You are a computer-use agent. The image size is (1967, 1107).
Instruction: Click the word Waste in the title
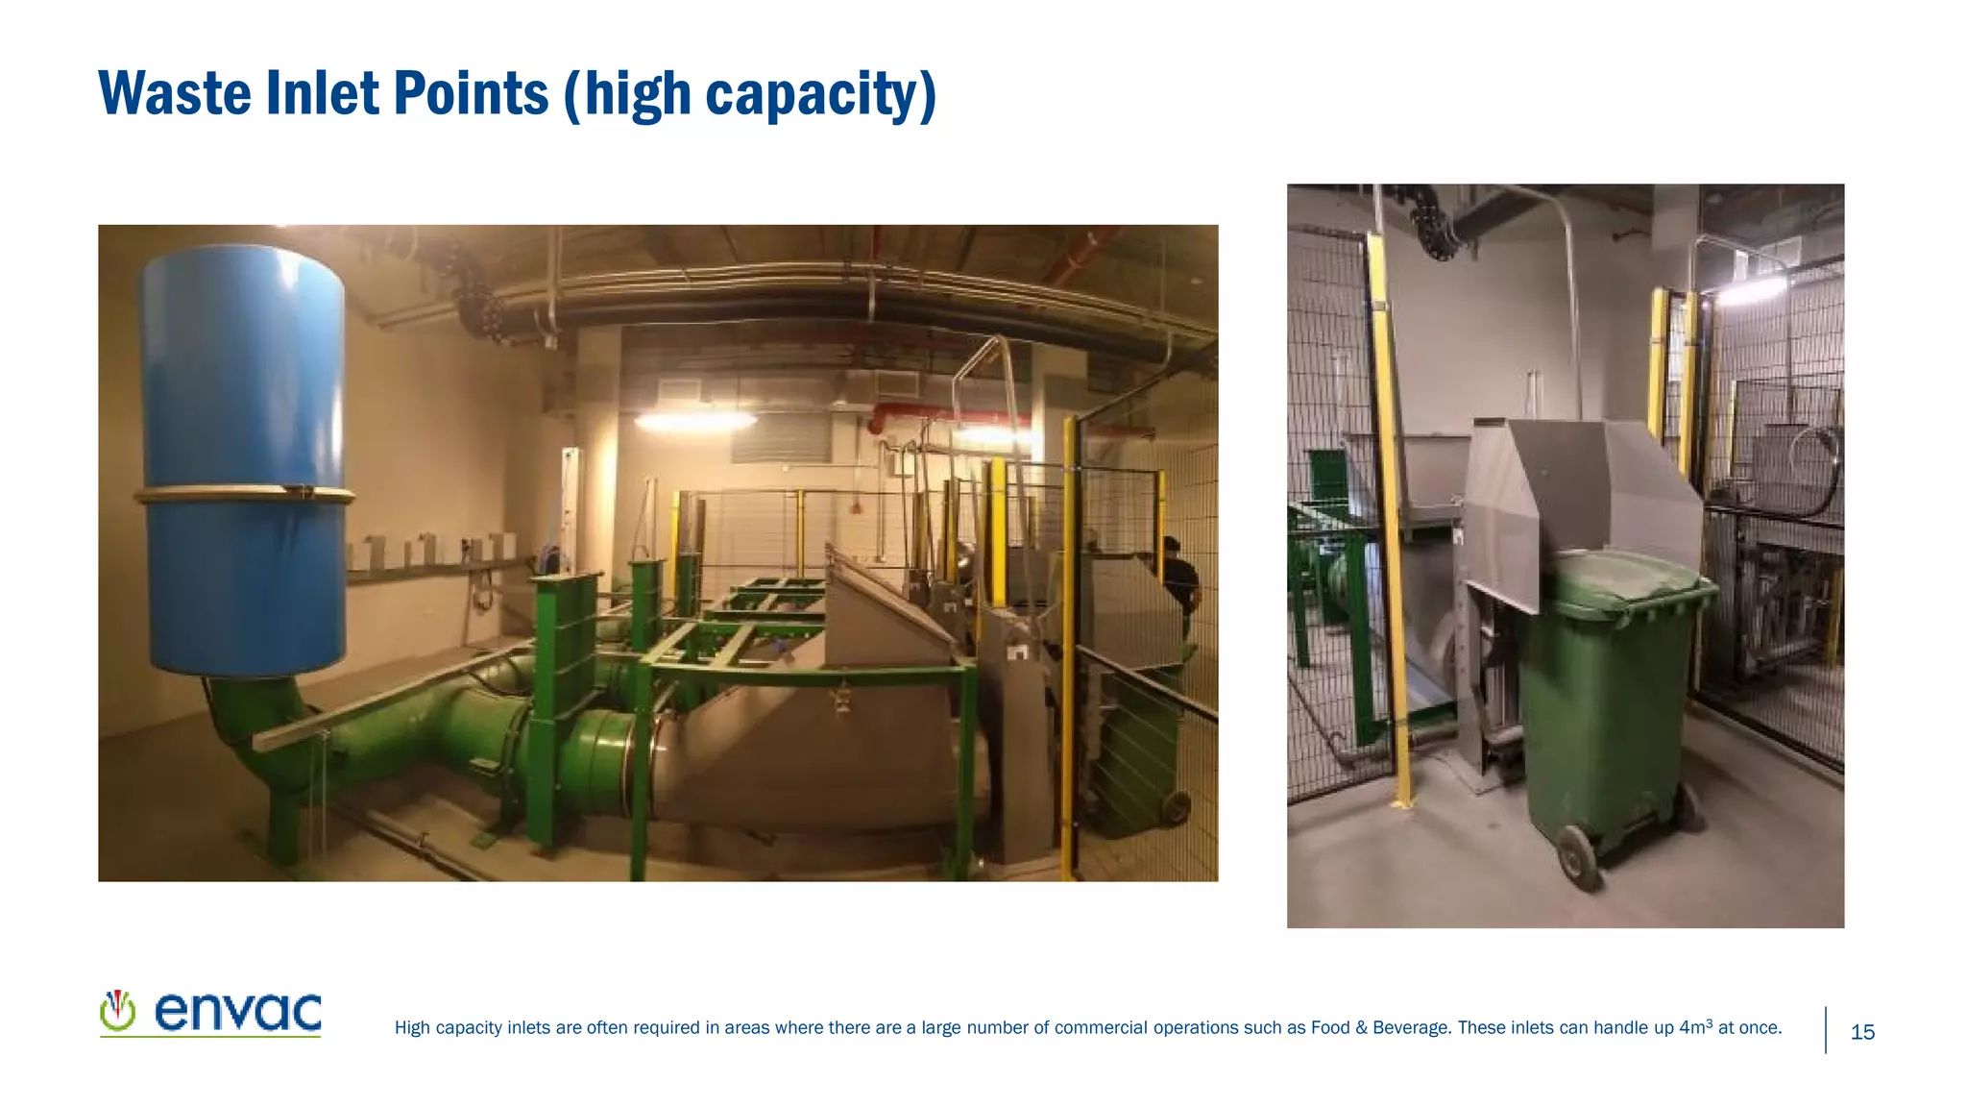(174, 93)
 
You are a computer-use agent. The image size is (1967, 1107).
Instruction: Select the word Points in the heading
(471, 93)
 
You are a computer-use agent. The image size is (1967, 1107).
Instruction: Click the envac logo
(210, 1014)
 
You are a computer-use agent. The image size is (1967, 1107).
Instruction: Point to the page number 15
(1862, 1033)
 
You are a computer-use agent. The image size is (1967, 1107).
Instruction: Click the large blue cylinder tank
(243, 452)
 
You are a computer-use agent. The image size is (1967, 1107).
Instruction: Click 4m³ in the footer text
(1695, 1027)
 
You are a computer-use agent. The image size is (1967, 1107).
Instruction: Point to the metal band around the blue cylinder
(244, 495)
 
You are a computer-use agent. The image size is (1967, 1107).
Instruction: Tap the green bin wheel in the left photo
(1174, 807)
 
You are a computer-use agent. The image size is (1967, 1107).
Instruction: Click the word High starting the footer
(413, 1028)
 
